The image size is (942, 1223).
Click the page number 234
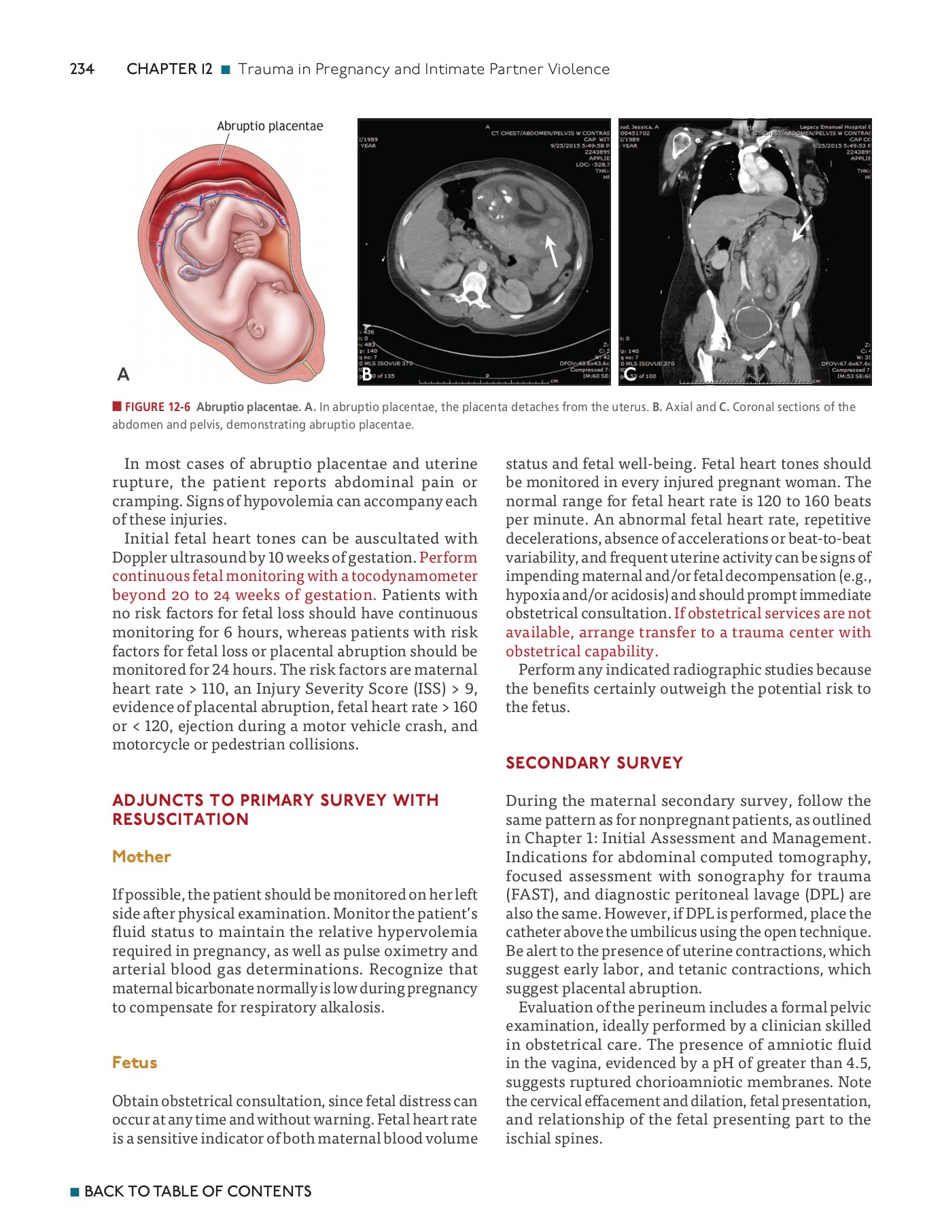(82, 69)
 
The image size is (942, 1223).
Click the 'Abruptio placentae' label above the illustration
(270, 126)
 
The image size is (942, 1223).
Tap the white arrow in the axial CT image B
(552, 251)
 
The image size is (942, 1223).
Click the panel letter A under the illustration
(123, 374)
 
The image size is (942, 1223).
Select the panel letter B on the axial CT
(367, 374)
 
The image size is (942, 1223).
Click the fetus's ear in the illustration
(258, 329)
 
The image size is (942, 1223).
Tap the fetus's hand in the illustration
(247, 243)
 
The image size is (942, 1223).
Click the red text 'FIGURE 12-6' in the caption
(157, 407)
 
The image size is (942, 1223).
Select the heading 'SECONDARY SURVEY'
(594, 763)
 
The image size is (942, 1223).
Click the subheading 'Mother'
(141, 857)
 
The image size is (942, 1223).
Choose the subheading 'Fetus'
(135, 1063)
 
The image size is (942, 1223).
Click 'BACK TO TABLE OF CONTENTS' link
(197, 1191)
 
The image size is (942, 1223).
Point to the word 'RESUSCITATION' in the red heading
(181, 819)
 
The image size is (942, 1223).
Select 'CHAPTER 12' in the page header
(169, 69)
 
